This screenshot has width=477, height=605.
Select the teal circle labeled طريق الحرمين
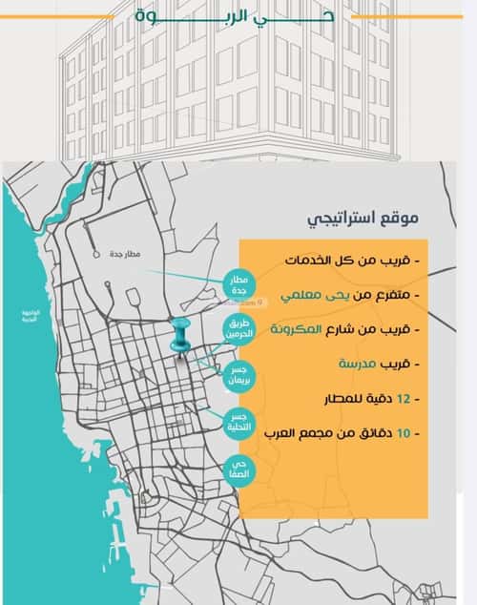click(238, 330)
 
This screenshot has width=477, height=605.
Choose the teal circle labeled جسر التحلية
click(238, 424)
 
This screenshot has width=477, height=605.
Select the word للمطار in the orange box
click(330, 398)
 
